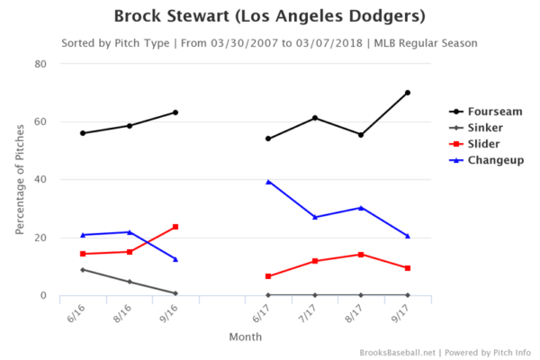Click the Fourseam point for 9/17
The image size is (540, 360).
tap(408, 93)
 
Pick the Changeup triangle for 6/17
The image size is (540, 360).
tap(268, 182)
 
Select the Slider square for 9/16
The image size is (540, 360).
tap(175, 227)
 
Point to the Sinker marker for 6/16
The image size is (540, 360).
tap(83, 270)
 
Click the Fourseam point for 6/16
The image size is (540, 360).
tap(83, 133)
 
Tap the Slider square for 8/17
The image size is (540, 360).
tap(361, 255)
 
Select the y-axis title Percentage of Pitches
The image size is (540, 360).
tap(20, 180)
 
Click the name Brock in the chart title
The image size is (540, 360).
tap(142, 17)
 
